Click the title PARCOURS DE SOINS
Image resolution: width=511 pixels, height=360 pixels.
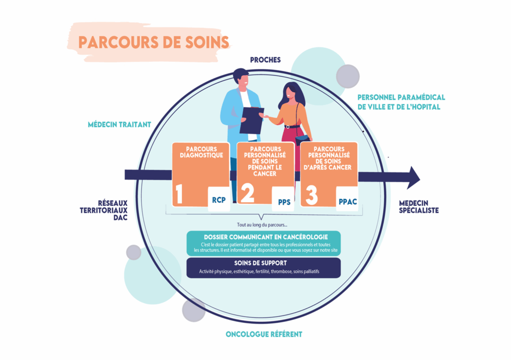click(154, 42)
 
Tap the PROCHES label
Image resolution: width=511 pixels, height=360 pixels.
click(265, 60)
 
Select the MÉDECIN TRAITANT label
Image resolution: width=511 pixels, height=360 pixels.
click(119, 125)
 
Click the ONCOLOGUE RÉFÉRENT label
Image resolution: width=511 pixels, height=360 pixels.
click(264, 334)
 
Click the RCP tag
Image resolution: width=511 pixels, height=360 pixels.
click(219, 200)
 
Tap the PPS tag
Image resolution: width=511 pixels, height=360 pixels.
click(283, 202)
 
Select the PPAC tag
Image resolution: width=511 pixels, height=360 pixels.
click(347, 202)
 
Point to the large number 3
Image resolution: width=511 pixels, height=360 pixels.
click(311, 195)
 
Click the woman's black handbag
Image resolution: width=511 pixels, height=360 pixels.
click(301, 139)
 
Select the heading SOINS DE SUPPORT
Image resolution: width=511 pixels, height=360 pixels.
click(263, 263)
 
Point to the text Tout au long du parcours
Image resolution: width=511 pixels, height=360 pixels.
click(262, 225)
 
